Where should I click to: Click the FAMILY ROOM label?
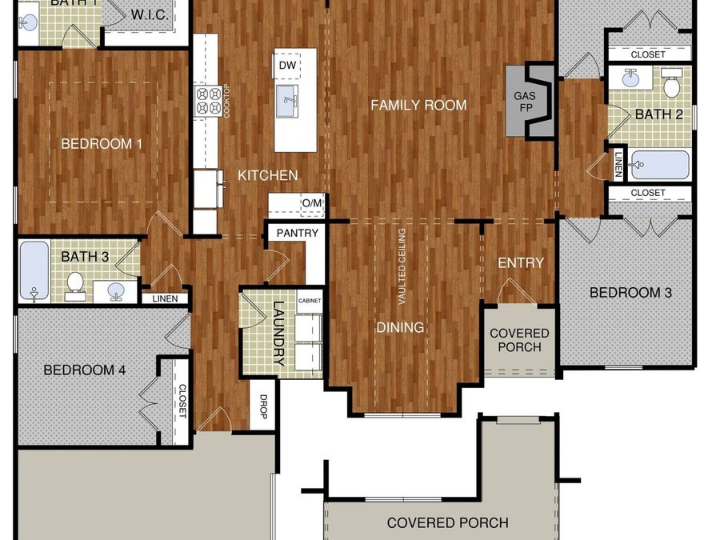point(418,105)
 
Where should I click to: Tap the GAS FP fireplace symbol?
point(530,100)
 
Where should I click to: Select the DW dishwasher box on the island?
point(287,64)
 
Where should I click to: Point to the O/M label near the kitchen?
point(312,204)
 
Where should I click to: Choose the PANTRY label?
point(297,233)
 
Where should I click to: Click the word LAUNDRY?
point(278,333)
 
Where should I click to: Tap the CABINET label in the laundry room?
point(310,301)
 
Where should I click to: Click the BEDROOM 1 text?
point(102,144)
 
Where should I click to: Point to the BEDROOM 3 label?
point(630,293)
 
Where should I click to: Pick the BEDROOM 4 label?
point(84,370)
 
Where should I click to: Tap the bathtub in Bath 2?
point(659,165)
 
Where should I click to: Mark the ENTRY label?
point(520,262)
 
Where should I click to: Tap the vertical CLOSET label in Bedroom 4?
point(182,402)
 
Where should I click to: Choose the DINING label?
point(400,327)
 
